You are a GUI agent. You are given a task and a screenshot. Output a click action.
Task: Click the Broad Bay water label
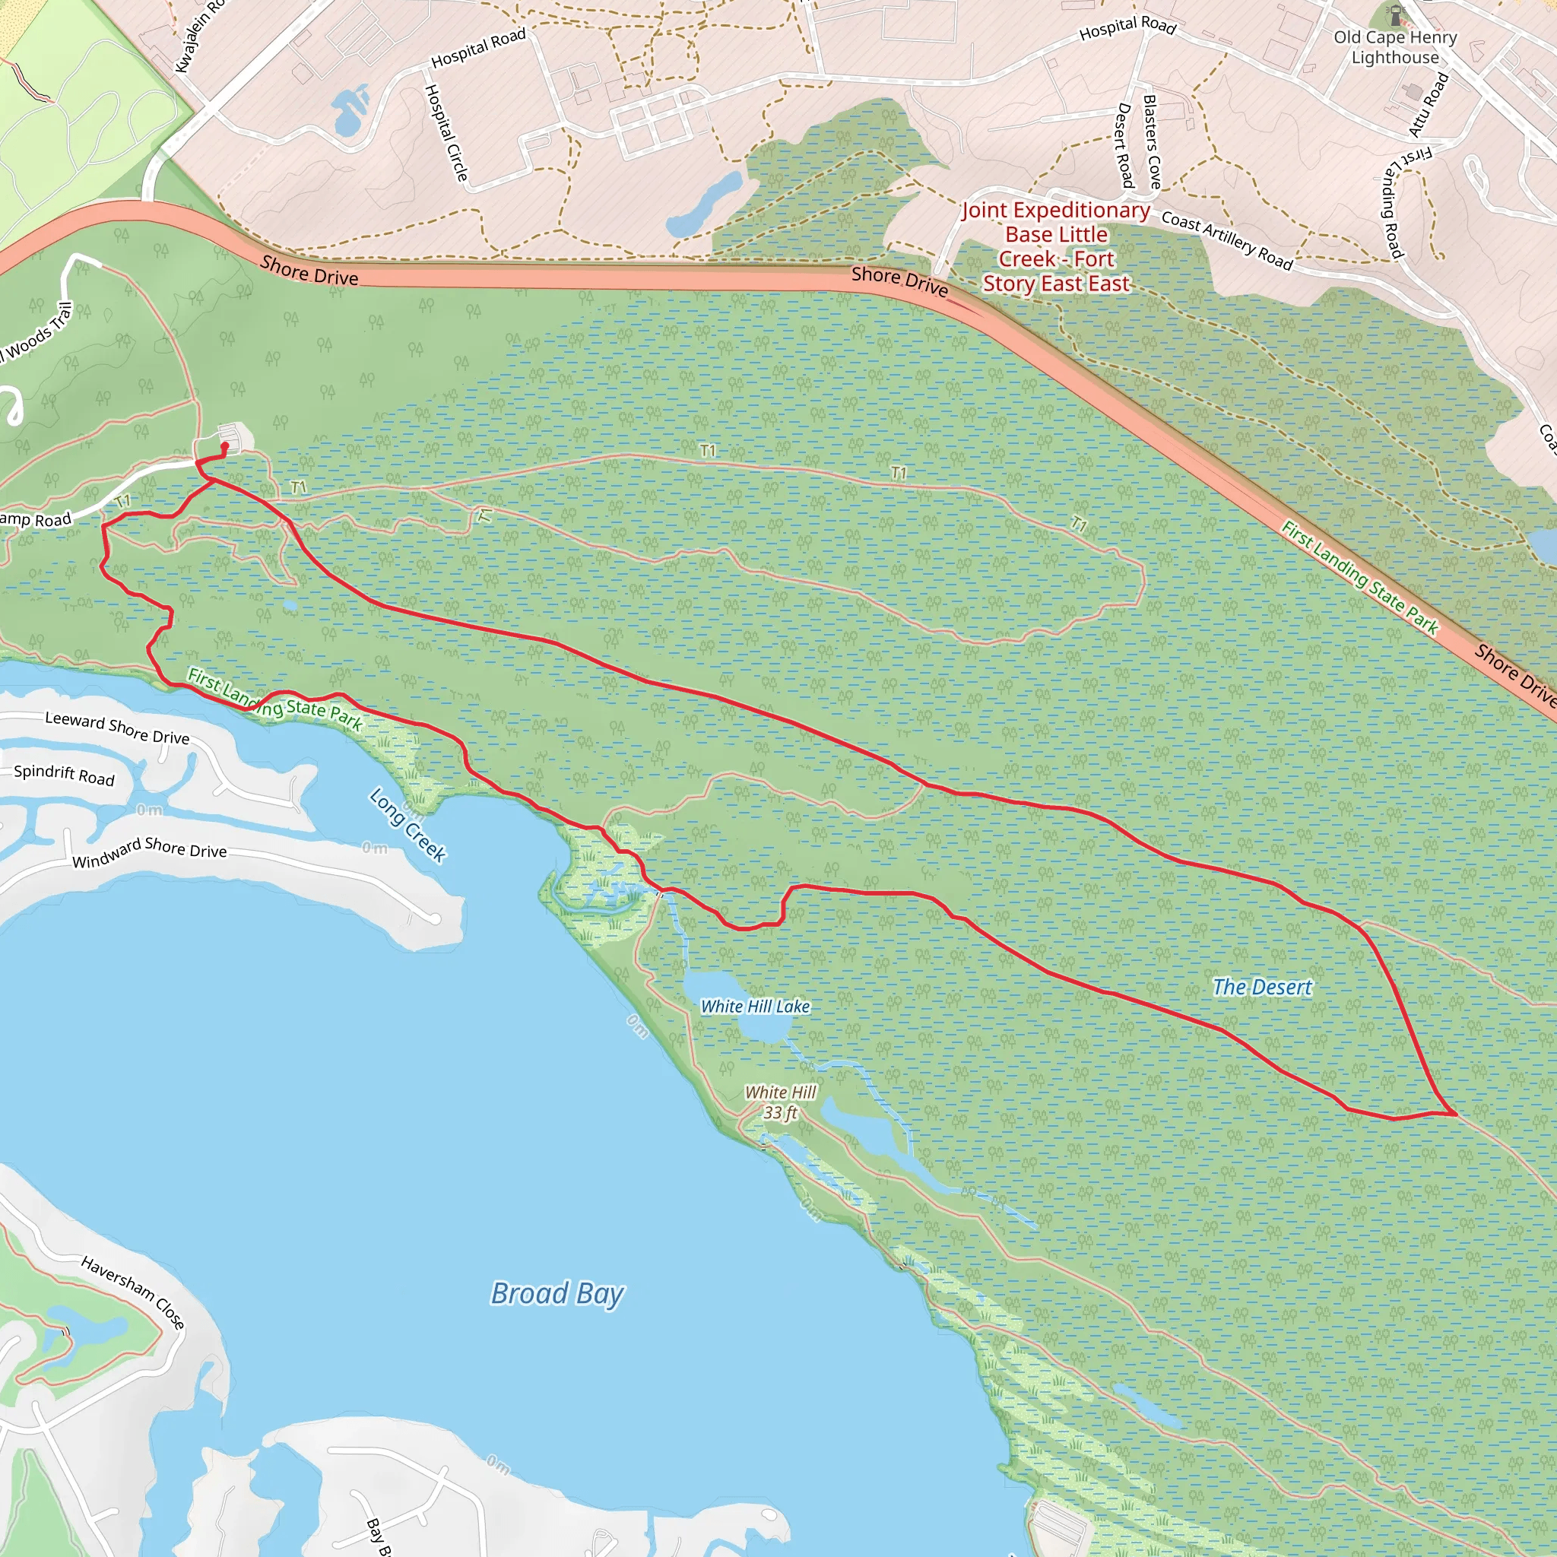557,1293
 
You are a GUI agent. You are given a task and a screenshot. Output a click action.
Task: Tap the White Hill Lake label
754,1007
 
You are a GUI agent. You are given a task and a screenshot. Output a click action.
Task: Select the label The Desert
1262,988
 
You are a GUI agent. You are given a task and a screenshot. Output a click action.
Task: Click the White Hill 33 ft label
780,1102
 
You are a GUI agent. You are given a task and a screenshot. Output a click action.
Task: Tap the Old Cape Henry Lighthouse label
1395,48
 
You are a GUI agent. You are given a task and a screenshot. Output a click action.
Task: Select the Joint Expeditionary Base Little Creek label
1056,246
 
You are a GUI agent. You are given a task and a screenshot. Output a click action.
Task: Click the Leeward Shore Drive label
118,728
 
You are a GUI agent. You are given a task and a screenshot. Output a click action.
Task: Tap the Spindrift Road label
65,775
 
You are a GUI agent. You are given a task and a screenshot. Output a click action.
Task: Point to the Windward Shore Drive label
150,851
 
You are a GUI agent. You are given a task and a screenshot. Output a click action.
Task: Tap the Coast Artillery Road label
1226,240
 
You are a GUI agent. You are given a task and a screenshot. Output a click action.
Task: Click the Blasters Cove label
1153,142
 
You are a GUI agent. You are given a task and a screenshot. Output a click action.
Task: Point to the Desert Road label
1124,145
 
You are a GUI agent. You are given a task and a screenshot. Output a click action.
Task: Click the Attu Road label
1429,105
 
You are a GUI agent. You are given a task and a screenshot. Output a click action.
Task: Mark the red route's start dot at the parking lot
225,446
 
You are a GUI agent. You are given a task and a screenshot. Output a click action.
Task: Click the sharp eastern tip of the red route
1455,1115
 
